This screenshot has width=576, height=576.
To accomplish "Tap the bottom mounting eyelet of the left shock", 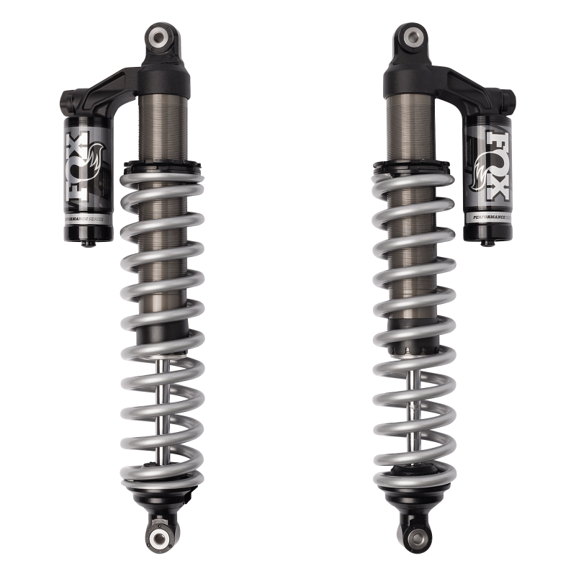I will coord(158,535).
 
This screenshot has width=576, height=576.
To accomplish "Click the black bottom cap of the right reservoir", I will coord(490,231).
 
